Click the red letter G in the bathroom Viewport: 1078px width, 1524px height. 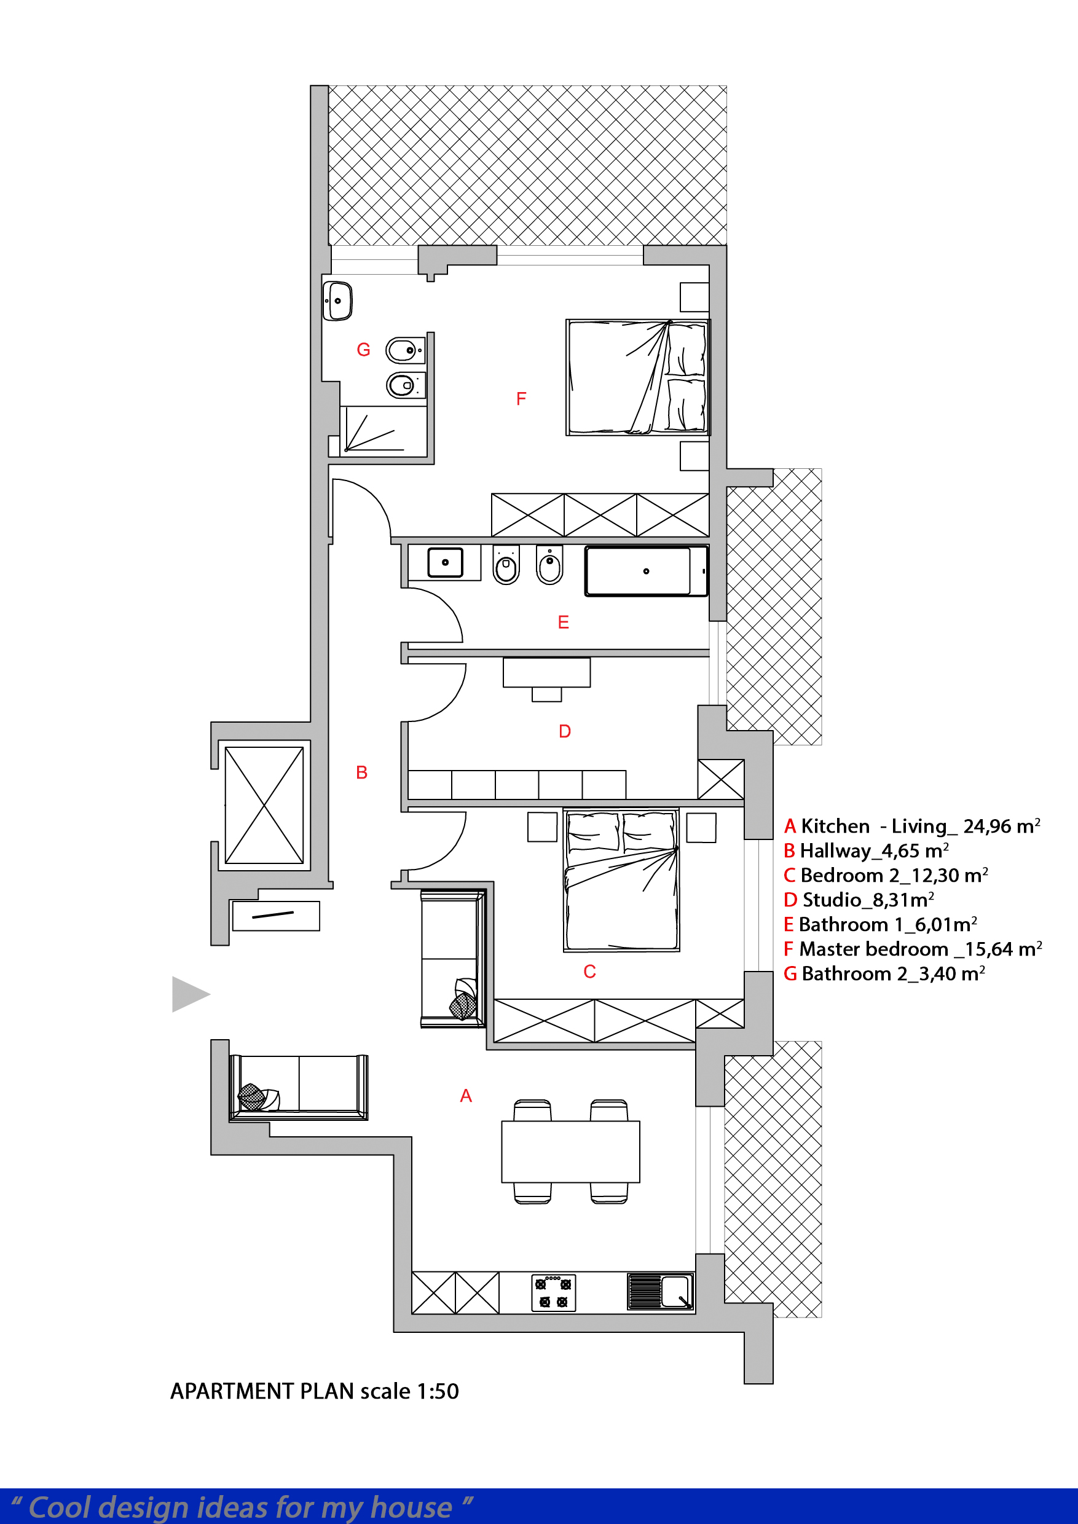363,350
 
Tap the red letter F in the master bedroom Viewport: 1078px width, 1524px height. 521,398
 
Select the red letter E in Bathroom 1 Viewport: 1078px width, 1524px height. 564,622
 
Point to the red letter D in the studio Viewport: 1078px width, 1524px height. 565,731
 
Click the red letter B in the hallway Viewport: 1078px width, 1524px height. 362,772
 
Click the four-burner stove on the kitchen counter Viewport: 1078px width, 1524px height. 554,1292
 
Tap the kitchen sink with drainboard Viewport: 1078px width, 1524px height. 661,1291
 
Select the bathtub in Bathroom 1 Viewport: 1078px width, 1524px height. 647,571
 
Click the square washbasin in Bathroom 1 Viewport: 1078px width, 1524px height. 445,563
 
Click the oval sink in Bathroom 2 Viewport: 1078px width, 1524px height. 337,301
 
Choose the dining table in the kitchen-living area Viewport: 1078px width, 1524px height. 570,1152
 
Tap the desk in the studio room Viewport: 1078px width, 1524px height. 546,672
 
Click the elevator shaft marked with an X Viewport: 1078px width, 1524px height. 264,805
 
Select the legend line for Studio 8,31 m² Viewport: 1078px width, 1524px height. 859,900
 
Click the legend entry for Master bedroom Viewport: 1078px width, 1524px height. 913,949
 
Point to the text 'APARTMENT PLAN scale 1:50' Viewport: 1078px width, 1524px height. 315,1391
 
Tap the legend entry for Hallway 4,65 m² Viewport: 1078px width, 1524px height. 866,850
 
